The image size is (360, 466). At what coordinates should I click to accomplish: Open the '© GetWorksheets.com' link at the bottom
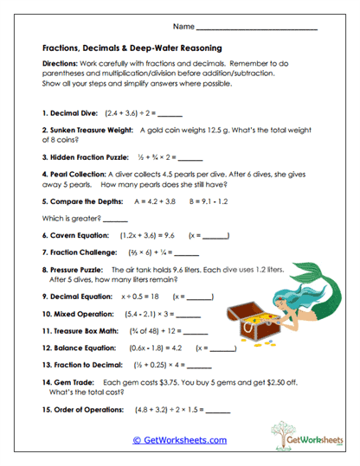coord(179,439)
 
